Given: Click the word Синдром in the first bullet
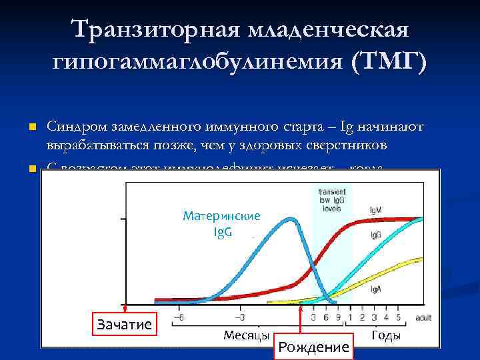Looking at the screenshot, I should click(73, 126).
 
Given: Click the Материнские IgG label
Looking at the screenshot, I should click(221, 224).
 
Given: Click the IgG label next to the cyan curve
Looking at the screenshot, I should click(375, 236).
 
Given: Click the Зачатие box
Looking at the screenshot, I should click(125, 325).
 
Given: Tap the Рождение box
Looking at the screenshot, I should click(313, 347).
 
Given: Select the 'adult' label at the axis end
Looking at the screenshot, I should click(423, 319).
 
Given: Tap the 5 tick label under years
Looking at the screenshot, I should click(398, 318).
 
